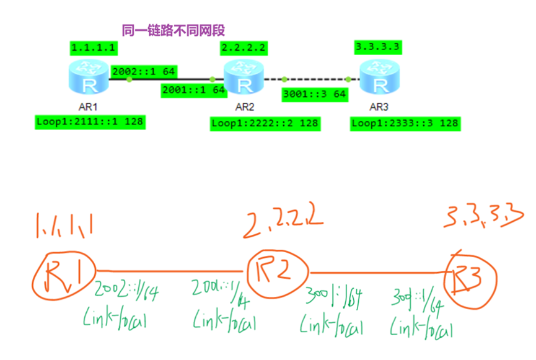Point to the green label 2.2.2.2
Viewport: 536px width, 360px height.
pyautogui.click(x=244, y=48)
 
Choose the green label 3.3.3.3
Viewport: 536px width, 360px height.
pyautogui.click(x=377, y=47)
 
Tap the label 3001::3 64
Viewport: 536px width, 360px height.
pyautogui.click(x=314, y=95)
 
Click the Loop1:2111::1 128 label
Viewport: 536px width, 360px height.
pyautogui.click(x=90, y=121)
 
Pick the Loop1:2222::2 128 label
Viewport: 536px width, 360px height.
pyautogui.click(x=265, y=123)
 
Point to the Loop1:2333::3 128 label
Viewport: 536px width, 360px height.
pyautogui.click(x=405, y=123)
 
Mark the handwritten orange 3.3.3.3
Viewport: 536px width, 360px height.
pyautogui.click(x=483, y=216)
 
